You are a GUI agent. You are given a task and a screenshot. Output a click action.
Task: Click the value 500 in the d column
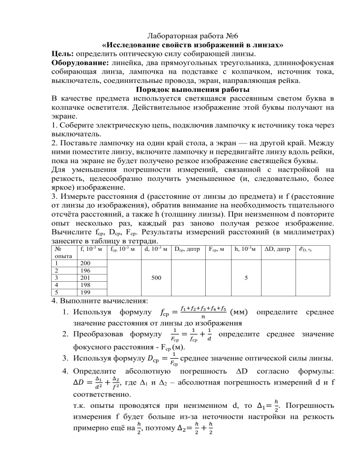point(157,277)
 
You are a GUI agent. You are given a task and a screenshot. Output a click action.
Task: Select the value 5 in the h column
point(246,277)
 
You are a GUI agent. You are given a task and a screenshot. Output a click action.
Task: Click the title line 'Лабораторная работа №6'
point(180,37)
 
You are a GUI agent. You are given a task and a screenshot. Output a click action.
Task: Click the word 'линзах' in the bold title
point(268,45)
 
